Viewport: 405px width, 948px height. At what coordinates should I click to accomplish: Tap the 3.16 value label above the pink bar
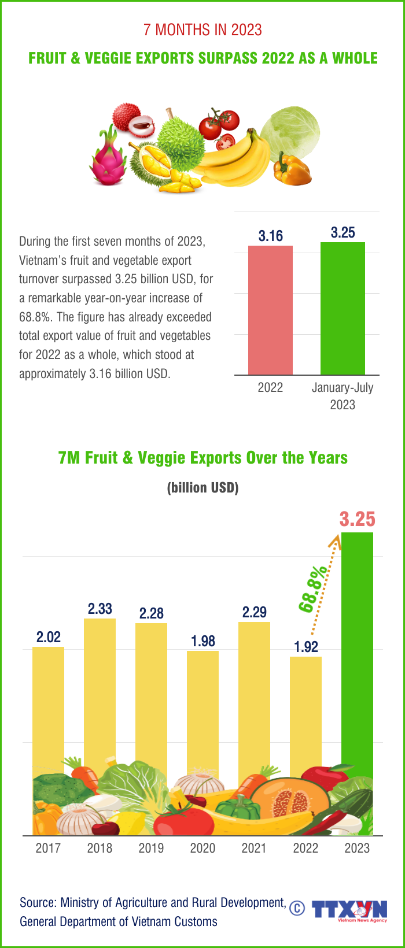pyautogui.click(x=270, y=236)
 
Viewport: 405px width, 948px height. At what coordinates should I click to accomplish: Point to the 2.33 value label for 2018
pyautogui.click(x=100, y=609)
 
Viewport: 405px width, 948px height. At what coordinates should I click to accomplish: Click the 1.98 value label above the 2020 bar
pyautogui.click(x=203, y=641)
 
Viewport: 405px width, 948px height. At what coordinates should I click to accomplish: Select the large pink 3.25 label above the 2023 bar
pyautogui.click(x=357, y=519)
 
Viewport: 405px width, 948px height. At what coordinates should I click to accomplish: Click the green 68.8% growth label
pyautogui.click(x=313, y=589)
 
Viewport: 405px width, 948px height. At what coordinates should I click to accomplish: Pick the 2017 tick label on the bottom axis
pyautogui.click(x=48, y=848)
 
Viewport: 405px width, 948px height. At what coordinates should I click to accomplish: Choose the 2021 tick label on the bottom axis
pyautogui.click(x=254, y=848)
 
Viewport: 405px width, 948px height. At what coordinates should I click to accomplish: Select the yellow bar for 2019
pyautogui.click(x=151, y=694)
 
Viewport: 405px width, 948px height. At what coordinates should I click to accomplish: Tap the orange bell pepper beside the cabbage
pyautogui.click(x=292, y=170)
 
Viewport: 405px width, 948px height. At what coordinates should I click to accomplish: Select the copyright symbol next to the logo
pyautogui.click(x=297, y=908)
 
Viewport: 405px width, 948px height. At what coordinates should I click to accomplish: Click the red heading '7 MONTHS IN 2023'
pyautogui.click(x=203, y=30)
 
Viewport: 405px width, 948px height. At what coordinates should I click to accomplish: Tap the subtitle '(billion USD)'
pyautogui.click(x=203, y=488)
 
